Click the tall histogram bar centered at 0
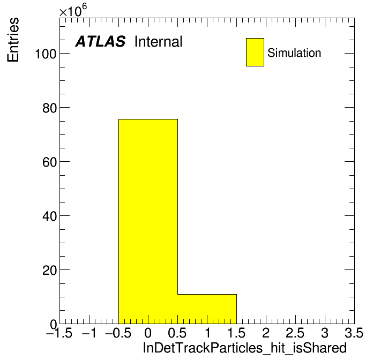click(x=148, y=221)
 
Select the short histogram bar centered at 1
click(x=207, y=309)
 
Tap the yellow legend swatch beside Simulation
click(x=255, y=52)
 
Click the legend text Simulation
click(x=294, y=52)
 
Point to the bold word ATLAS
click(x=100, y=41)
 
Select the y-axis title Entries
click(x=13, y=40)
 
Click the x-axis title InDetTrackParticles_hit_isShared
click(x=245, y=348)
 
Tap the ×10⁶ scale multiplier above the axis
click(x=73, y=10)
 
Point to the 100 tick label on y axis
click(x=46, y=54)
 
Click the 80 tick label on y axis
click(x=50, y=108)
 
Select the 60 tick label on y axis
click(x=50, y=162)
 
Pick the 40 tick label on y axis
click(x=50, y=216)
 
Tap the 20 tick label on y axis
click(x=50, y=271)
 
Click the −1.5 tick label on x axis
click(x=59, y=333)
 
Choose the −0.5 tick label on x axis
click(x=118, y=333)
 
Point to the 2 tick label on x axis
click(x=266, y=333)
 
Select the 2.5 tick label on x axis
click(x=295, y=333)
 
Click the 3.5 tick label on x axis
click(x=354, y=333)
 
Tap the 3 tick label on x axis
click(x=325, y=333)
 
